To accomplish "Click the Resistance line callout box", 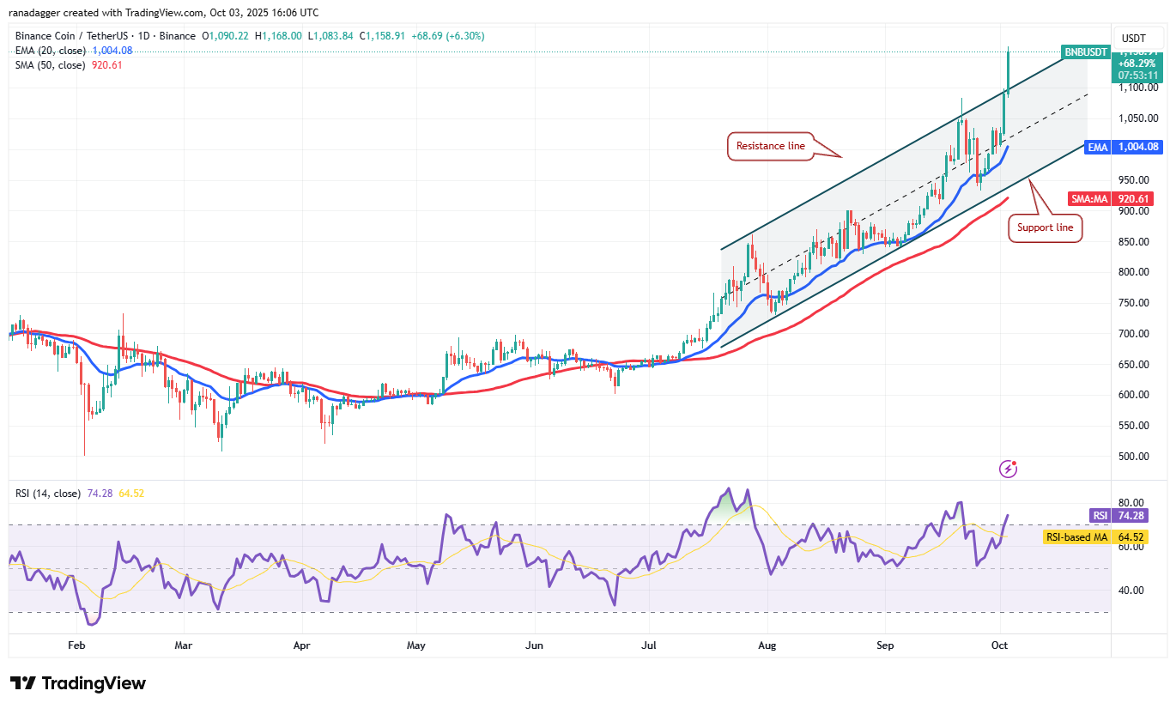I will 772,146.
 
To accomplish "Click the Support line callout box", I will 1045,227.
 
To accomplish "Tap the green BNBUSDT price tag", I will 1085,52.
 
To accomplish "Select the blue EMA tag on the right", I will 1098,147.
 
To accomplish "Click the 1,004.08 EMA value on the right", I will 1138,147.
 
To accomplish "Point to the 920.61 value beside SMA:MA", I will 1134,199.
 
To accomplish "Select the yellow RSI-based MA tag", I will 1076,537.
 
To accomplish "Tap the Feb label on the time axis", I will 76,644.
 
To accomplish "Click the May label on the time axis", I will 416,644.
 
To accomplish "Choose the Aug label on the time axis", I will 768,644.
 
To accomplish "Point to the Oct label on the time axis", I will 1001,644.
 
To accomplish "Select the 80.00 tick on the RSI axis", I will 1131,503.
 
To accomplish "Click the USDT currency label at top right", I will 1135,39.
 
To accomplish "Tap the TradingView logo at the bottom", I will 79,683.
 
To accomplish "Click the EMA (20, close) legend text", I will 49,51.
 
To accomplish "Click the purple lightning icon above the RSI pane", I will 1009,469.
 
